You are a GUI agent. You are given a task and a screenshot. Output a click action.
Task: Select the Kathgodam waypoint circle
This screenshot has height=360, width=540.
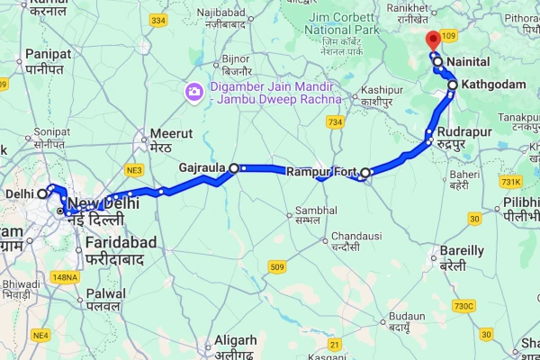coord(453,85)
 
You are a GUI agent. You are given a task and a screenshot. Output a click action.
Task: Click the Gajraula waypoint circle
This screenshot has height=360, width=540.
coord(234,167)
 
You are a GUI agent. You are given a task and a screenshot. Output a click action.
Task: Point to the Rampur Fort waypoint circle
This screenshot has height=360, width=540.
coord(365,172)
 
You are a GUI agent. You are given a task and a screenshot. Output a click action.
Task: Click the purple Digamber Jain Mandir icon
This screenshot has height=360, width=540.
coord(193,92)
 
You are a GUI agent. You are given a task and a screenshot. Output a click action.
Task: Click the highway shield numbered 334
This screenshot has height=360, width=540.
coord(158,19)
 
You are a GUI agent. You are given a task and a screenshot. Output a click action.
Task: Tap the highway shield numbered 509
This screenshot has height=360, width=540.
coord(277,266)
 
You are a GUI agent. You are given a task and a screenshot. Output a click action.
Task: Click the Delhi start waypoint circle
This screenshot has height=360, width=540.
coord(41,193)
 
